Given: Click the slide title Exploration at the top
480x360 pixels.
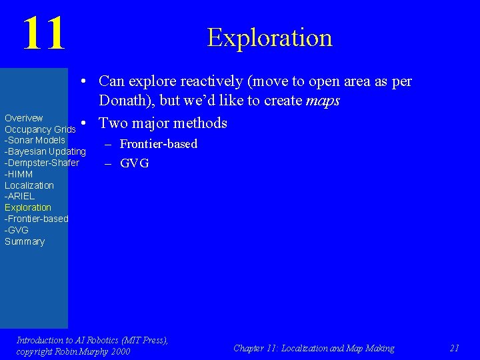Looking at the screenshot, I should coord(269,37).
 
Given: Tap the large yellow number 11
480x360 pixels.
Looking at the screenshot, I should coord(44,33).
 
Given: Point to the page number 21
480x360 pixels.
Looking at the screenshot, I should coord(455,348).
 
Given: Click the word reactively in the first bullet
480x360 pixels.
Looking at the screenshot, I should coord(215,82).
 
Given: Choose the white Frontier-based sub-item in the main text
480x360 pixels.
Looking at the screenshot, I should coord(158,144).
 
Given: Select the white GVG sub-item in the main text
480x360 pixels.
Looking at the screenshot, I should coord(134,163).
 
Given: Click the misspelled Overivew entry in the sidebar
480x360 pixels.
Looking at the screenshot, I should coord(23,118).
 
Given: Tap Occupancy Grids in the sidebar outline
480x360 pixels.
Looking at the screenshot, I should coord(39,129).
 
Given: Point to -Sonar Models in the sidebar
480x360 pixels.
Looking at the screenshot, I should coord(35,140).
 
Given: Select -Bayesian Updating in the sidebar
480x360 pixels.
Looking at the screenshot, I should coord(45,151).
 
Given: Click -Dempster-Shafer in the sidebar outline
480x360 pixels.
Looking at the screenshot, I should coord(41,163).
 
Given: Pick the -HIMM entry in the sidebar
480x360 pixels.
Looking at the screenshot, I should coord(19,174).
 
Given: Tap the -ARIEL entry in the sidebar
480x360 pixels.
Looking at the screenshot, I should coord(19,196).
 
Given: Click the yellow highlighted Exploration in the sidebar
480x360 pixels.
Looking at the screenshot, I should coord(27,207).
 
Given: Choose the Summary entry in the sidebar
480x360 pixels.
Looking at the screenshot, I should coord(25,241).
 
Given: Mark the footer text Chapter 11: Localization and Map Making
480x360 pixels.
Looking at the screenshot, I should coord(313,348).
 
